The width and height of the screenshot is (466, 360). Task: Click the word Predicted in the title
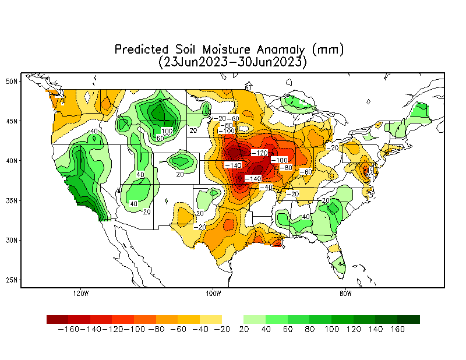(x=142, y=50)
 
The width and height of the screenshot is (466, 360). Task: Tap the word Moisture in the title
(x=227, y=50)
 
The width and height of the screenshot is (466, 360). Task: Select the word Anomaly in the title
(x=281, y=50)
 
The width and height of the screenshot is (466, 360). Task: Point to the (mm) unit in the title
(x=328, y=50)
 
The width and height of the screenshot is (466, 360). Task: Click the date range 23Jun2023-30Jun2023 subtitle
(x=232, y=62)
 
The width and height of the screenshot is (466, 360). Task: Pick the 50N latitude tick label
(x=12, y=82)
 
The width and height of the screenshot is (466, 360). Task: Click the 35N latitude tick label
(x=12, y=200)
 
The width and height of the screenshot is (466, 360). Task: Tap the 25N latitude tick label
(x=12, y=280)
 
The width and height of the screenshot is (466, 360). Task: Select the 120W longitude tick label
(x=81, y=294)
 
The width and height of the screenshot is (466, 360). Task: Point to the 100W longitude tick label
(x=213, y=294)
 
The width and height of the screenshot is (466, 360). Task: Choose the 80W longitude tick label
(x=345, y=294)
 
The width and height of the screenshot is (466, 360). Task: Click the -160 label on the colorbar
(x=68, y=329)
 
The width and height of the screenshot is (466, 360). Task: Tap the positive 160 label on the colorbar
(x=398, y=329)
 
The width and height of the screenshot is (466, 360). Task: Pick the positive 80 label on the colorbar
(x=310, y=329)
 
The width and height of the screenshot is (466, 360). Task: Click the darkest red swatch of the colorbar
(x=57, y=320)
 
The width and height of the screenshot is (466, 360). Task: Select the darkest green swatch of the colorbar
(x=409, y=320)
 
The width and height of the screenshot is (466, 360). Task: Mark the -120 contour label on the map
(x=259, y=153)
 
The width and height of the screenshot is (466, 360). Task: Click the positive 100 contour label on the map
(x=167, y=131)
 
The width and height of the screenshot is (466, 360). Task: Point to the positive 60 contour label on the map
(x=160, y=138)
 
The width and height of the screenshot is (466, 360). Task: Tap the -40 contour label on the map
(x=266, y=188)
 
